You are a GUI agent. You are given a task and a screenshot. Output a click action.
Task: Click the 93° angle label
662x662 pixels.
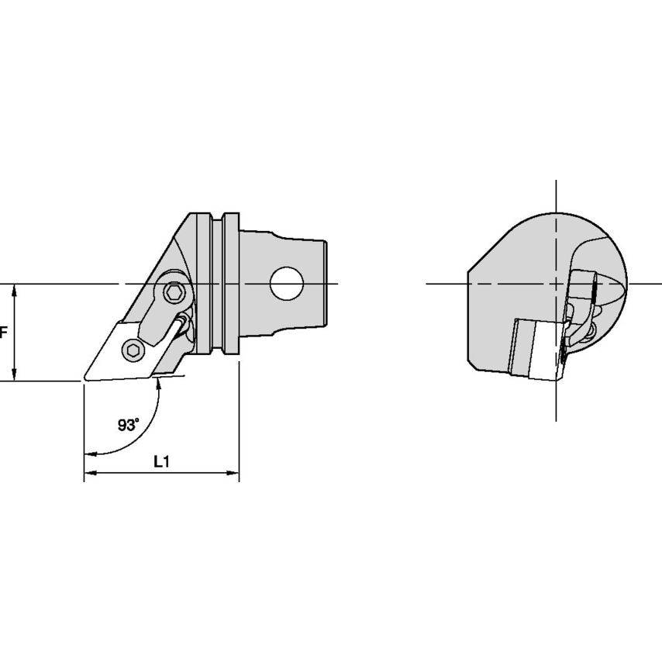pyautogui.click(x=129, y=425)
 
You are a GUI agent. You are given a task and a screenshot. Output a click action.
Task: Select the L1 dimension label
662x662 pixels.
pyautogui.click(x=161, y=462)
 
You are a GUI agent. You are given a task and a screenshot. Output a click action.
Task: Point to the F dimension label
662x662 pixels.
pyautogui.click(x=4, y=333)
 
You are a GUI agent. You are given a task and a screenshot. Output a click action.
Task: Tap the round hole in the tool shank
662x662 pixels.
pyautogui.click(x=287, y=284)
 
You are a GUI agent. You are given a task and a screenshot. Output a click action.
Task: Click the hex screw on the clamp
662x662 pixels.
pyautogui.click(x=173, y=292)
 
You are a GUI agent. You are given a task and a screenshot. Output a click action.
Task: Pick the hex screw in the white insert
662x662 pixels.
pyautogui.click(x=133, y=350)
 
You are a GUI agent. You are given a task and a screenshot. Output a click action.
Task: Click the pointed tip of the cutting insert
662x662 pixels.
pyautogui.click(x=84, y=379)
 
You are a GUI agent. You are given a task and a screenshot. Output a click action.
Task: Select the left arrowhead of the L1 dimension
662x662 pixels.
pyautogui.click(x=90, y=473)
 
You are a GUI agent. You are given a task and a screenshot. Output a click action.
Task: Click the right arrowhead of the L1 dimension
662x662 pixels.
pyautogui.click(x=233, y=473)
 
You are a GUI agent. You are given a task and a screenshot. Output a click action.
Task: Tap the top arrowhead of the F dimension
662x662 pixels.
pyautogui.click(x=15, y=290)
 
